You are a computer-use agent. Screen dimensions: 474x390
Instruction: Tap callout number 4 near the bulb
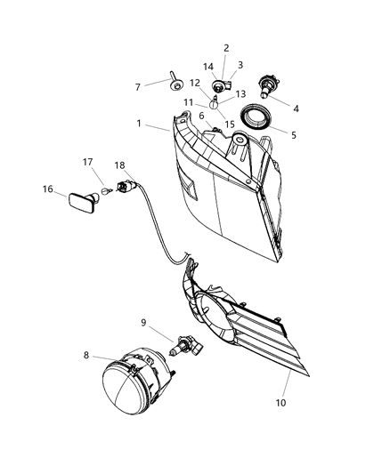(296, 108)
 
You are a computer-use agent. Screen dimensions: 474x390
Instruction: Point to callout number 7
(137, 86)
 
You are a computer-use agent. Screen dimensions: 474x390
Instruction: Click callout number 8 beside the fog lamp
(86, 356)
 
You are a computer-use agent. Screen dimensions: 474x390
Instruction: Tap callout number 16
(48, 189)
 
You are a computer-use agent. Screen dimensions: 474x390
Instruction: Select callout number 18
(119, 165)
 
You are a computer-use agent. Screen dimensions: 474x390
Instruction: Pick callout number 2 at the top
(226, 48)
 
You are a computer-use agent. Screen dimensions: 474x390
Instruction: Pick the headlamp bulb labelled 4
(264, 87)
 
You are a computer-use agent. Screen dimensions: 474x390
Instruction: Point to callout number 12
(194, 84)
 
